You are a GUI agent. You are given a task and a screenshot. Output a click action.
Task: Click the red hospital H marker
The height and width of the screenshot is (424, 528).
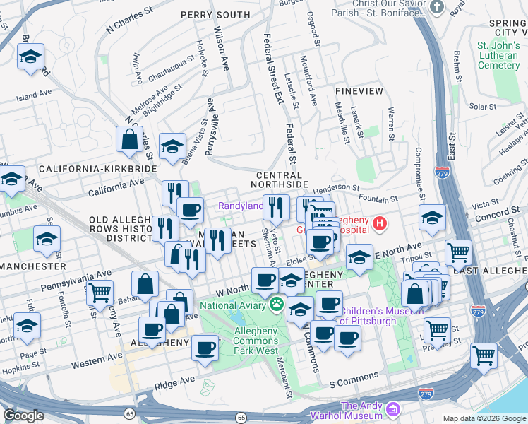(x=380, y=224)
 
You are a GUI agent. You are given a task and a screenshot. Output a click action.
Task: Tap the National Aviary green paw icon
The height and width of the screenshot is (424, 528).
(x=277, y=305)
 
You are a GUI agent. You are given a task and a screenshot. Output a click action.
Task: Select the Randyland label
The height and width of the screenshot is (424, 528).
(x=240, y=206)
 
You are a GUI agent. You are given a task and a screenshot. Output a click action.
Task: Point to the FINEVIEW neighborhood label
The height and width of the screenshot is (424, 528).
(x=359, y=92)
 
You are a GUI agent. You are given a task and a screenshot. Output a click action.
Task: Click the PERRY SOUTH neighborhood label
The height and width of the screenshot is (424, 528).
(x=215, y=14)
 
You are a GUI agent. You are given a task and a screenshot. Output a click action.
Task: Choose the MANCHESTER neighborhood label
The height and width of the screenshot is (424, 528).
(x=32, y=266)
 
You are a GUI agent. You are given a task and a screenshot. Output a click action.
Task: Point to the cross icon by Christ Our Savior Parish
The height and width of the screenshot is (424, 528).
(x=438, y=8)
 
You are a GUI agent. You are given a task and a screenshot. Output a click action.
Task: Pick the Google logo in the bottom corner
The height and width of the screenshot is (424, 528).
(x=24, y=416)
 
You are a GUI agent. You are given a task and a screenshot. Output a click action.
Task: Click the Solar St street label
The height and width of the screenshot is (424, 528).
(x=482, y=107)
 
